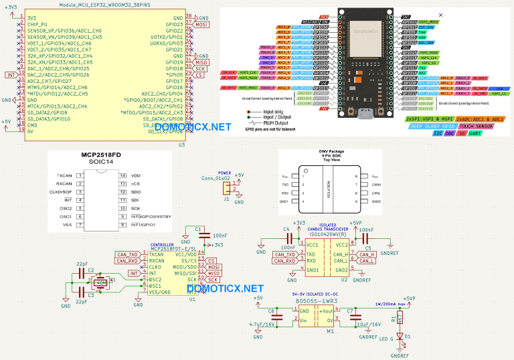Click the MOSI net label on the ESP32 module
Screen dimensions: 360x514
coord(201,25)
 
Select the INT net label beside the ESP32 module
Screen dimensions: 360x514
coord(10,75)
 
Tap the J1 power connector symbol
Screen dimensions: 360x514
coord(226,189)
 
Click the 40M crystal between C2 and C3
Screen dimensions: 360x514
coord(100,282)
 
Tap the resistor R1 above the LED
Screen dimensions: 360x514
coord(400,319)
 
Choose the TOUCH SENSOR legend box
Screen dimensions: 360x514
coord(477,125)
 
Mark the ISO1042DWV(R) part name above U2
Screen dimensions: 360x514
coord(328,235)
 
